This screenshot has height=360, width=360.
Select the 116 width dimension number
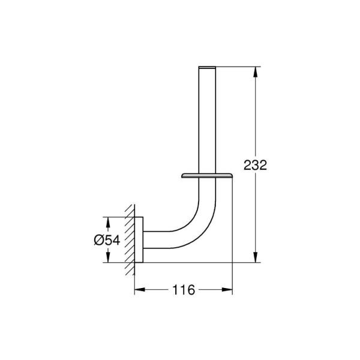tap(184, 290)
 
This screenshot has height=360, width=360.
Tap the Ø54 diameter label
tap(107, 239)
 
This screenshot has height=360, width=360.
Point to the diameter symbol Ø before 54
tap(100, 239)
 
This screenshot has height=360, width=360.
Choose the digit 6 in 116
tap(191, 290)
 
